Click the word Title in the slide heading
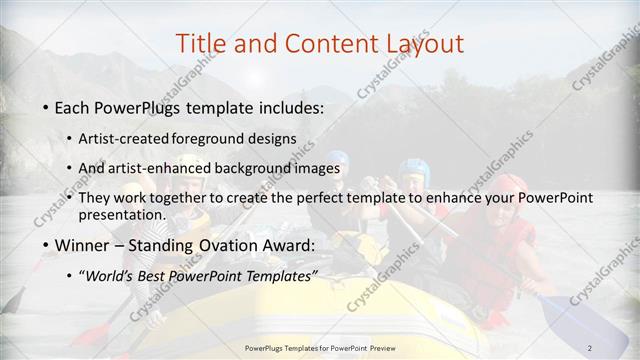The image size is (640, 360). [199, 43]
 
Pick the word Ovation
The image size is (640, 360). [220, 245]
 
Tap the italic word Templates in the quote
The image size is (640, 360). [280, 276]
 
